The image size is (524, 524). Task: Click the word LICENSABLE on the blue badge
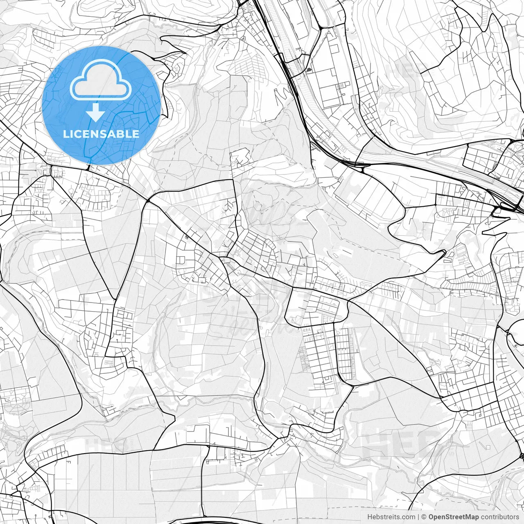(x=101, y=134)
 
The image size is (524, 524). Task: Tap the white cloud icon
(x=101, y=81)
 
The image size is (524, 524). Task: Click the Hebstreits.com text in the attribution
(x=391, y=517)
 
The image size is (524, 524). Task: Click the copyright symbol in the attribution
(x=424, y=517)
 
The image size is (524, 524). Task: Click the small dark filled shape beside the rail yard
(x=308, y=70)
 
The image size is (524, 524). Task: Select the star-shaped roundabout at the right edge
(x=522, y=456)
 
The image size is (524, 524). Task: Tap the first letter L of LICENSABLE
(x=65, y=134)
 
